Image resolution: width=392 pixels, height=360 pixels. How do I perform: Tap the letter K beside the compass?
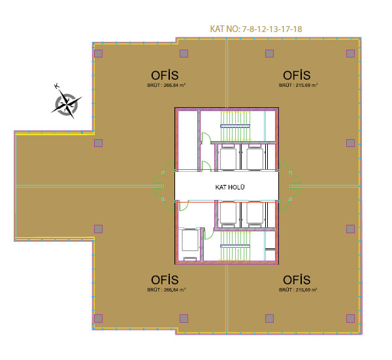(57, 86)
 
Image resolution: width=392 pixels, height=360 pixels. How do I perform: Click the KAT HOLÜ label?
(230, 187)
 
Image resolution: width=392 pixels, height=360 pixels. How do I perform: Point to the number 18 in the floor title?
(297, 29)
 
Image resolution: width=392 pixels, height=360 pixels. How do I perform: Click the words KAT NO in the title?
(224, 29)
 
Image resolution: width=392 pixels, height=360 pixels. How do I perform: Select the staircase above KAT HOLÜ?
(235, 125)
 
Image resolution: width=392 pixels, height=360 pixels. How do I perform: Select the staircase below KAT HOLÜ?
(235, 246)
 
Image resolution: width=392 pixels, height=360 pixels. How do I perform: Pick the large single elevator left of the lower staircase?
(190, 240)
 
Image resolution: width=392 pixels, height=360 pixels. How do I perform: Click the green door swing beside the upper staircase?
(206, 137)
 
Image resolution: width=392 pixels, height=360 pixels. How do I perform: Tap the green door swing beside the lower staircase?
(209, 233)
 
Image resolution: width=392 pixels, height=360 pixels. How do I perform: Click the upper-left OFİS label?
(165, 75)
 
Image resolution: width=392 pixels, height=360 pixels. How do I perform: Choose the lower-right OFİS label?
(297, 280)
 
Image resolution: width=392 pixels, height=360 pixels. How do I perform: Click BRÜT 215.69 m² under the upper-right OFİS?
(299, 85)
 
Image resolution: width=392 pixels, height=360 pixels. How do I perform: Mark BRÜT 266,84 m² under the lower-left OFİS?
(166, 289)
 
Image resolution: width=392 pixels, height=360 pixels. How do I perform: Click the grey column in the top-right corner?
(350, 54)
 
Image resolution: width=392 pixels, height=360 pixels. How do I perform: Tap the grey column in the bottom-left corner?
(98, 318)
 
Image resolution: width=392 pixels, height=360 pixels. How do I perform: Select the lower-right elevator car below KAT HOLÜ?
(255, 213)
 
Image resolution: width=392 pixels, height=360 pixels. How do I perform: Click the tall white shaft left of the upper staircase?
(188, 140)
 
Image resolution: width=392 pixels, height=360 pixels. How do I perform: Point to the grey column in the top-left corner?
(98, 54)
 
